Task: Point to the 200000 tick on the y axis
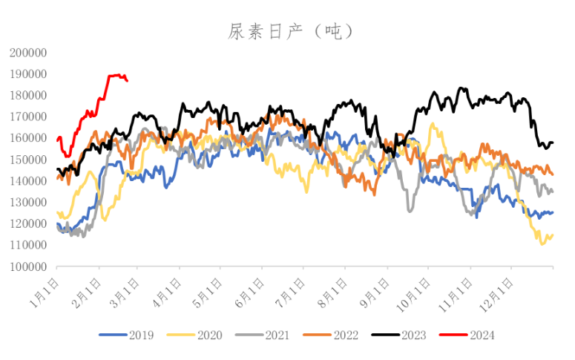[29, 53]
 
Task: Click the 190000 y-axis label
[29, 74]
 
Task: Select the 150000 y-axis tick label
[29, 160]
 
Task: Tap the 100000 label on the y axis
[29, 266]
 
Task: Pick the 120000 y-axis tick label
[29, 223]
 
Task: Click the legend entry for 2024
[480, 336]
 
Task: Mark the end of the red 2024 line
[128, 80]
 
